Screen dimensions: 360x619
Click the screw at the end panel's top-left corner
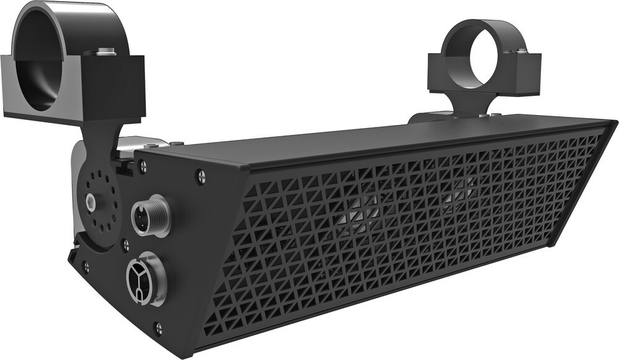pyautogui.click(x=142, y=165)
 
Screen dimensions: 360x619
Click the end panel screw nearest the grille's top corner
pyautogui.click(x=201, y=176)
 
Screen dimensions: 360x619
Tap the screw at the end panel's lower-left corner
pyautogui.click(x=85, y=267)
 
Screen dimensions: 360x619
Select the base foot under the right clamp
pyautogui.click(x=433, y=116)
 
